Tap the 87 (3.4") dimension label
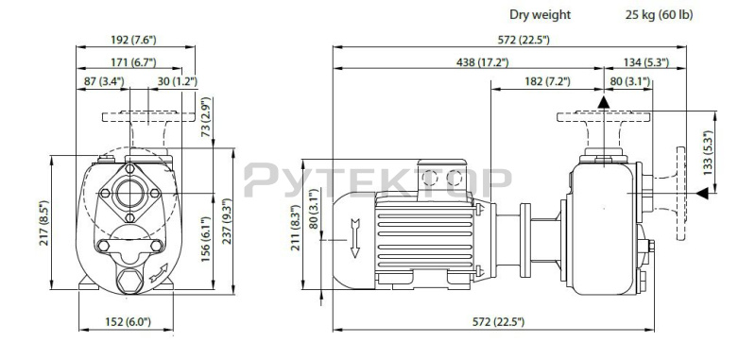pyautogui.click(x=104, y=81)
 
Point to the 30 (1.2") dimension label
pyautogui.click(x=178, y=81)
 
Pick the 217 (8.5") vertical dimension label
pyautogui.click(x=43, y=223)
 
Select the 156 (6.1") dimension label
pyautogui.click(x=206, y=239)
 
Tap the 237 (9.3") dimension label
pyautogui.click(x=227, y=221)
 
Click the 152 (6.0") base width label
pyautogui.click(x=128, y=322)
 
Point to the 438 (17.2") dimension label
pyautogui.click(x=482, y=62)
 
